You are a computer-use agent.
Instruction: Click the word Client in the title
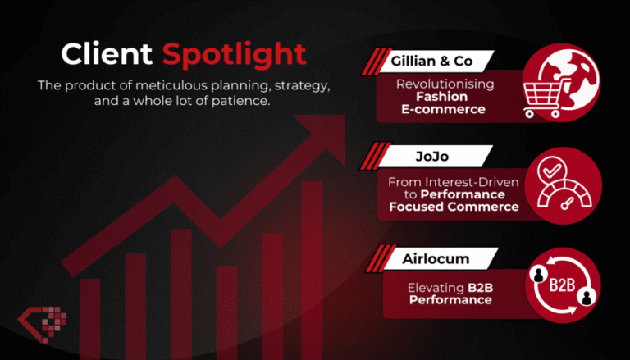107,55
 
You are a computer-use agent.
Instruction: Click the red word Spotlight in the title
234,55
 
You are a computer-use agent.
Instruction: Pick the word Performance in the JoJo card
469,194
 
